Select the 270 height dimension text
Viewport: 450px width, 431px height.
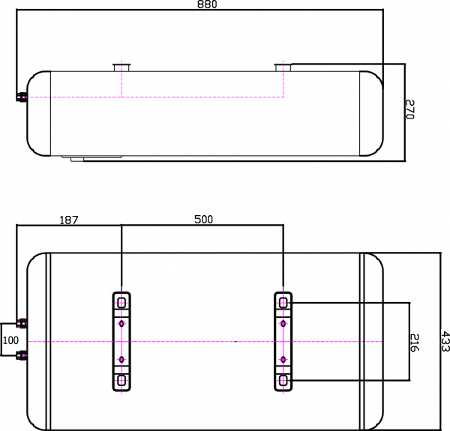[x=409, y=109]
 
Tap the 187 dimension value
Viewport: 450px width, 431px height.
[x=68, y=220]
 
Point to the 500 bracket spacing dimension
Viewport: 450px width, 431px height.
[x=203, y=220]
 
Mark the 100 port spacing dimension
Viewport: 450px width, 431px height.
[x=10, y=340]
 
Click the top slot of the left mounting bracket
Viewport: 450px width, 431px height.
[x=121, y=302]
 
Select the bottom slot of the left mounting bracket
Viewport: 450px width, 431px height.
[x=121, y=381]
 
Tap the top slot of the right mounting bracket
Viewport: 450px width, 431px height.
[x=283, y=302]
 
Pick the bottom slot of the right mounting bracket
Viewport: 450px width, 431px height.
[x=283, y=381]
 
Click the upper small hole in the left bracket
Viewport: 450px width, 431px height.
[x=121, y=324]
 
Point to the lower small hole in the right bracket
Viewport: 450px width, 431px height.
[x=283, y=360]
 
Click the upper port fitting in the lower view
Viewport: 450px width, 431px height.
[x=22, y=323]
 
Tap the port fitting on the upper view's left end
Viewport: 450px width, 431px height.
[x=22, y=97]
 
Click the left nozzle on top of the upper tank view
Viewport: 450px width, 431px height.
[x=121, y=68]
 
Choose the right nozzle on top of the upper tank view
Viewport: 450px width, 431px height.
[x=283, y=68]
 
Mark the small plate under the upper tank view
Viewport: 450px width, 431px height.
[x=95, y=158]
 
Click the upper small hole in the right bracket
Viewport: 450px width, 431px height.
[x=283, y=324]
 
